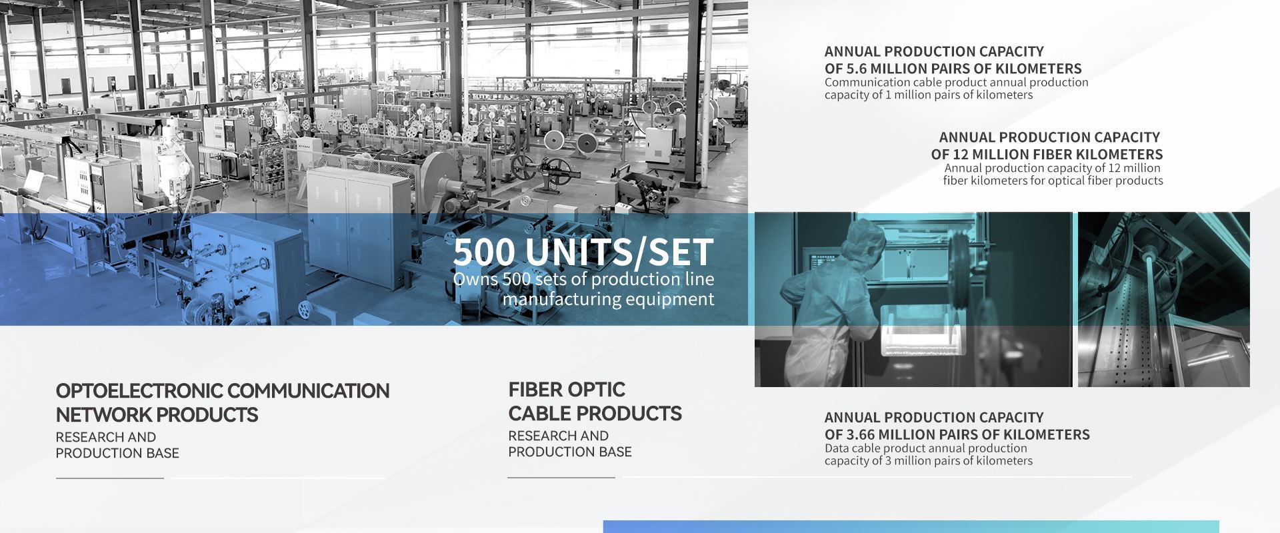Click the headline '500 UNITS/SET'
click(583, 252)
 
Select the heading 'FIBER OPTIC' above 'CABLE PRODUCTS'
click(567, 389)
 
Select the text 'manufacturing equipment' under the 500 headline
click(608, 299)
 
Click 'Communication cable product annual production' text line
click(956, 83)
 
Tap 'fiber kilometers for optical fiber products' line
click(1053, 181)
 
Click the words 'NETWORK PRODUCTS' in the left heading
click(157, 415)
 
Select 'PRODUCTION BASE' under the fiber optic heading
click(570, 452)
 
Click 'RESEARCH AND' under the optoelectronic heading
click(106, 437)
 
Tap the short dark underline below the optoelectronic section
click(110, 478)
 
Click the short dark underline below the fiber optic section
click(561, 477)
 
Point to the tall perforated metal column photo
click(1163, 299)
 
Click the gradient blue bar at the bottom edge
click(911, 526)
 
